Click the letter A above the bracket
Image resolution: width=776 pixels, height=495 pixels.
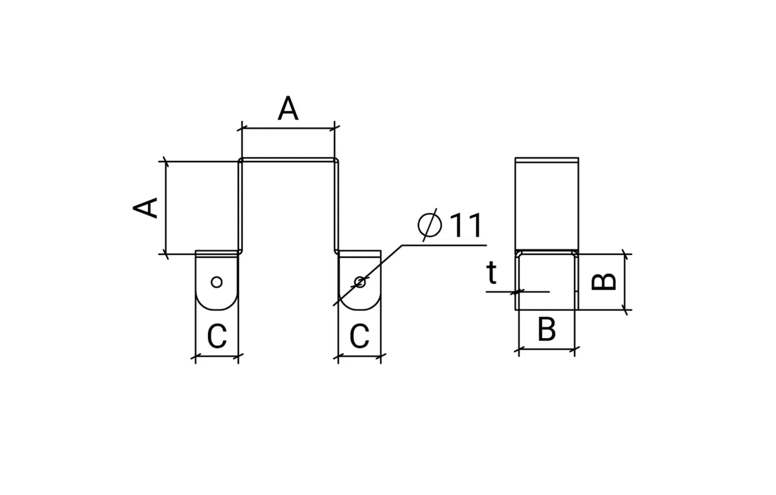pyautogui.click(x=288, y=108)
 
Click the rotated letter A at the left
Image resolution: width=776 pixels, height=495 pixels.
pyautogui.click(x=145, y=208)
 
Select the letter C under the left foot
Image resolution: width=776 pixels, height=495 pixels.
pyautogui.click(x=217, y=336)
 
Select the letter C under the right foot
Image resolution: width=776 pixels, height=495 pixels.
pyautogui.click(x=359, y=336)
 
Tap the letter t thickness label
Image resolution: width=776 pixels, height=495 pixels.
pyautogui.click(x=491, y=273)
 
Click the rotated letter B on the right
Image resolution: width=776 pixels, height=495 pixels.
pyautogui.click(x=604, y=281)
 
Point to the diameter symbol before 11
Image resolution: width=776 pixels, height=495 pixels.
pyautogui.click(x=430, y=225)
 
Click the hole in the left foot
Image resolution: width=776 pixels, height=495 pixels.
pyautogui.click(x=217, y=282)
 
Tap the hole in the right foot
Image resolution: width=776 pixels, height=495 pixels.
pyautogui.click(x=360, y=282)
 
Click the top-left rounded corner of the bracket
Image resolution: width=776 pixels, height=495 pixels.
pyautogui.click(x=240, y=160)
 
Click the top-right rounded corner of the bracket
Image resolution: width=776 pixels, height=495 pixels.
pyautogui.click(x=336, y=160)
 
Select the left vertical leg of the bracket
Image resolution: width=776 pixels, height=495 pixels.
pyautogui.click(x=240, y=206)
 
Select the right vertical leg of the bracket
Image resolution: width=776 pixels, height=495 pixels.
pyautogui.click(x=336, y=206)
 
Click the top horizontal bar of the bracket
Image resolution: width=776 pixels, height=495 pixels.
pyautogui.click(x=288, y=159)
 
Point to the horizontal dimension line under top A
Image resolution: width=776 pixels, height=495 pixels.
pyautogui.click(x=288, y=128)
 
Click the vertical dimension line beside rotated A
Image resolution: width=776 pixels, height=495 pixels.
pyautogui.click(x=166, y=208)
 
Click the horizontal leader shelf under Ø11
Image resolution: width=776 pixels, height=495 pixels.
pyautogui.click(x=444, y=245)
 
